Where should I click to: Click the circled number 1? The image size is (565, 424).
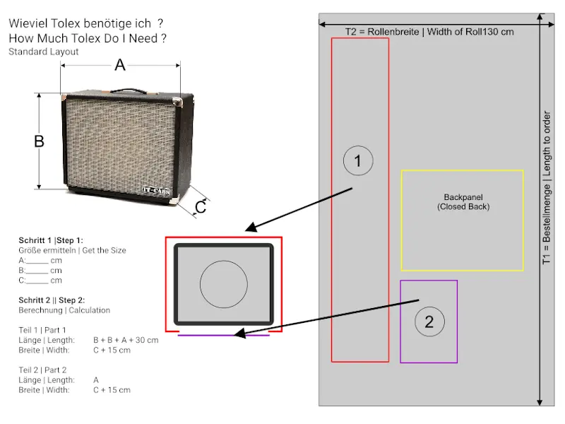(358, 161)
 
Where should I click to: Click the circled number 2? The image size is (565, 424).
(429, 322)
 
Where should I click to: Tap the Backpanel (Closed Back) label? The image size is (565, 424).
(463, 201)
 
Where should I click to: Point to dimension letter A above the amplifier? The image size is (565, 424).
(120, 66)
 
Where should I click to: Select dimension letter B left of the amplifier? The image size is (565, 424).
(40, 141)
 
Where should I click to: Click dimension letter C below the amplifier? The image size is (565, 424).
(201, 207)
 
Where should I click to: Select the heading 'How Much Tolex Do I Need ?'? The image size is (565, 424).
(88, 38)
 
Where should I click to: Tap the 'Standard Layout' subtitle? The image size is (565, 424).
(44, 52)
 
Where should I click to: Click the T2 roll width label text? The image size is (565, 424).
(429, 31)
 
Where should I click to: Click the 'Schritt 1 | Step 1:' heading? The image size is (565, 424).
(51, 240)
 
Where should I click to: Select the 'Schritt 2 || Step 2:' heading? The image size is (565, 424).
(52, 300)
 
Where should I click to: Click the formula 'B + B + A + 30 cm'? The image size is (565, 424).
(126, 340)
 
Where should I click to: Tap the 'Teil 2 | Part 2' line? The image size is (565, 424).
(42, 370)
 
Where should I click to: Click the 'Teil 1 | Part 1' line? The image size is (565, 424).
(42, 330)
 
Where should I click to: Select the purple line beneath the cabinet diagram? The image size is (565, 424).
(223, 335)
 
